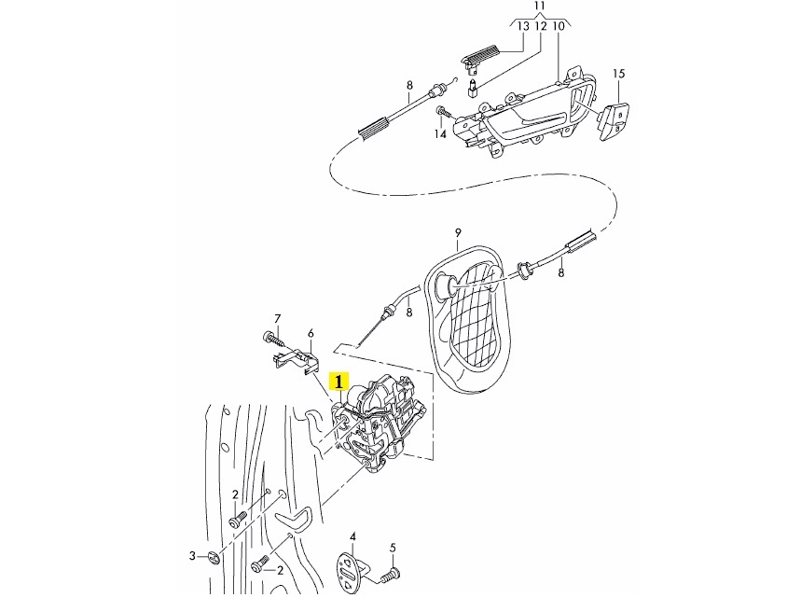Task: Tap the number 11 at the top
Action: coord(539,7)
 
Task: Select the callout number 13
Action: coord(523,27)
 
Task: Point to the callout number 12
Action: coord(540,27)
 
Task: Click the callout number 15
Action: coord(618,73)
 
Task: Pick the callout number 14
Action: coord(439,134)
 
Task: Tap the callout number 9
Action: coord(459,231)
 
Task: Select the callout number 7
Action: coord(277,319)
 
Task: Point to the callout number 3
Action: coord(193,556)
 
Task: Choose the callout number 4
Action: coord(352,536)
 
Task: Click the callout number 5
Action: coord(393,547)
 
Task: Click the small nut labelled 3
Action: coord(214,558)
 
